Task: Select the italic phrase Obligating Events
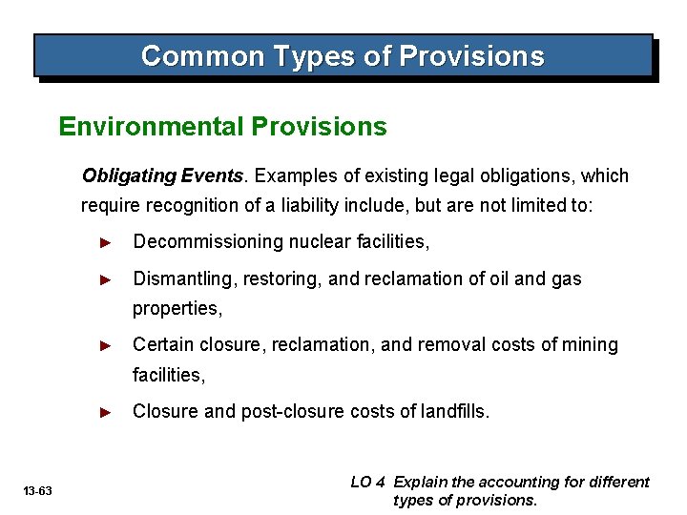(x=163, y=175)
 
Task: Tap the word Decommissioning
(x=199, y=242)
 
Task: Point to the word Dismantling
(x=179, y=278)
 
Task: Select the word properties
(x=177, y=309)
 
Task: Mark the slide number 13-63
(x=39, y=490)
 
